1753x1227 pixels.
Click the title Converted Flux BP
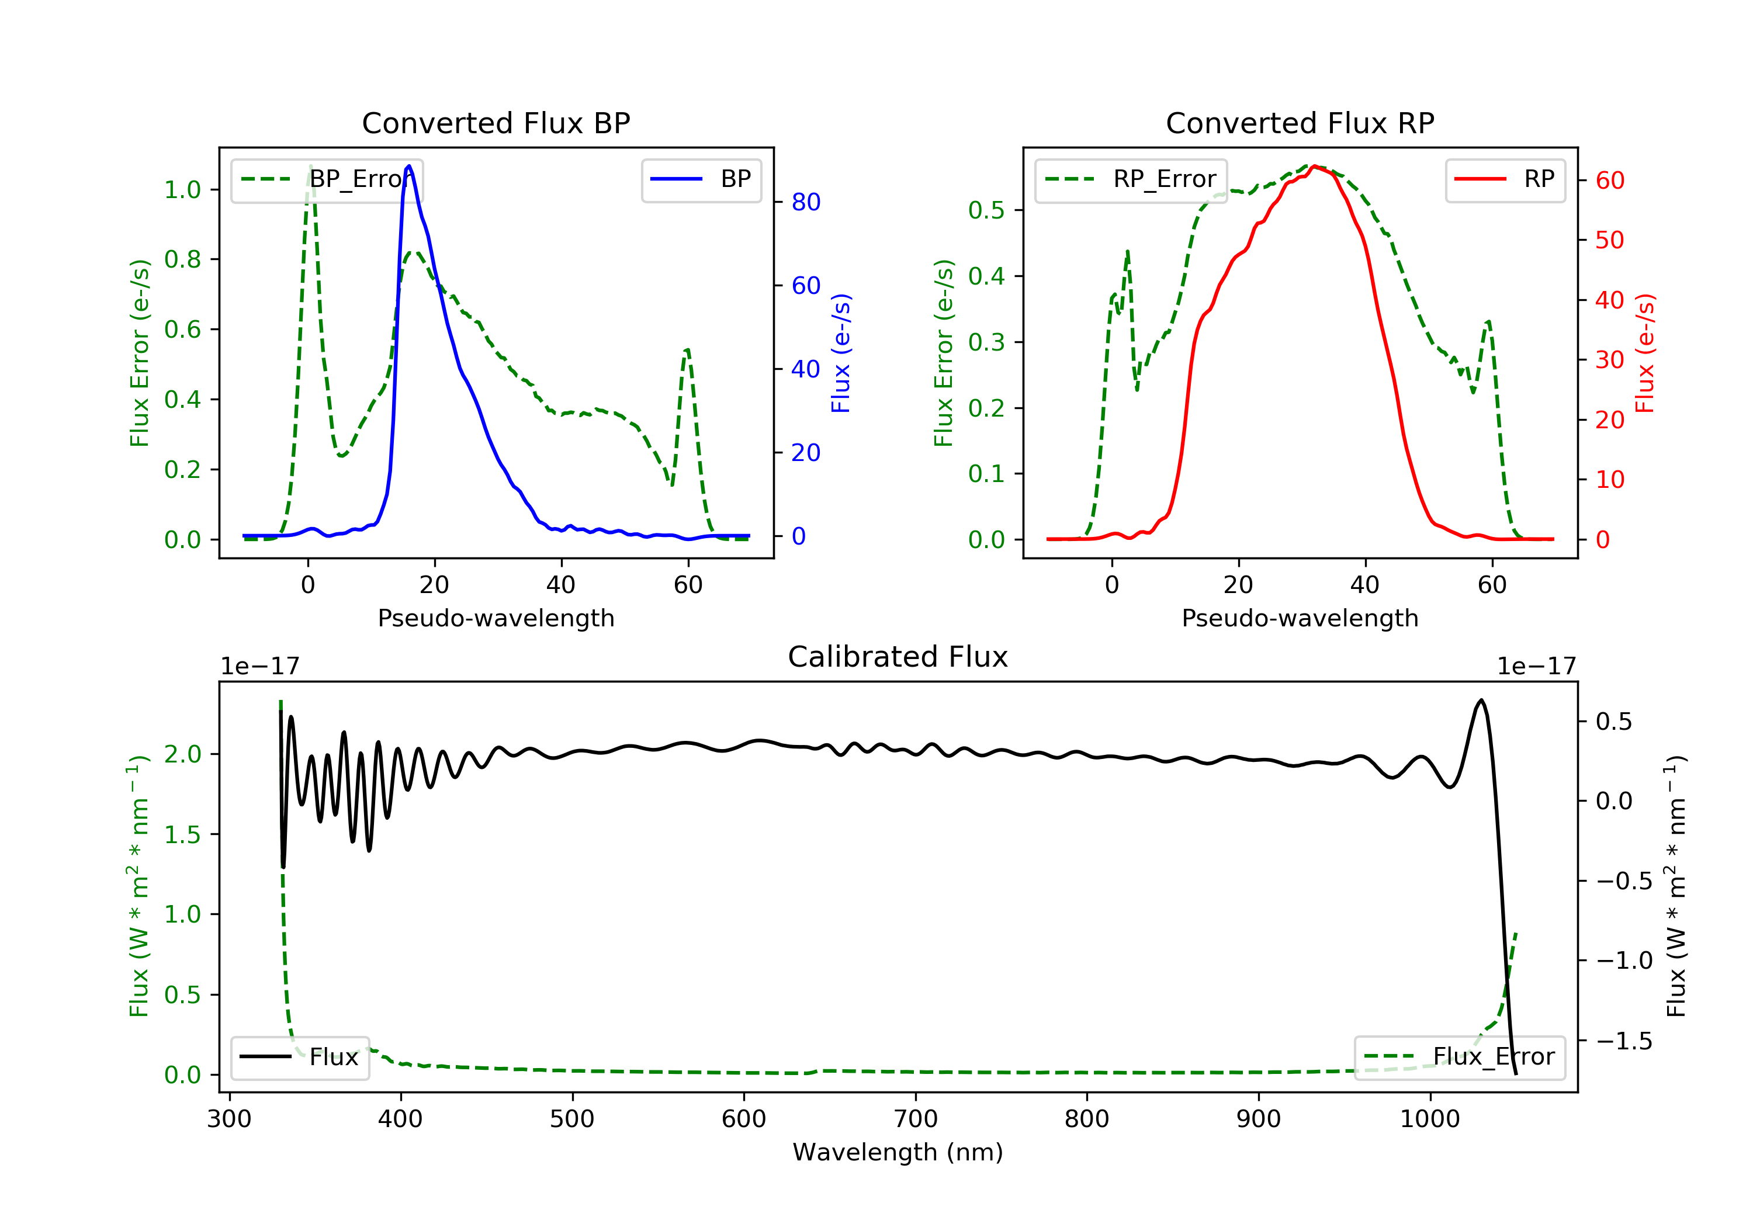496,123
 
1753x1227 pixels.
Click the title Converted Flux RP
1300,123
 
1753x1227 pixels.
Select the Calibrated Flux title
898,657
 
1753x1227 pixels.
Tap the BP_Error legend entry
327,179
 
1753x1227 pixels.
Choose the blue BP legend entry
701,179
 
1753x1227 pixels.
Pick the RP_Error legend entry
1131,179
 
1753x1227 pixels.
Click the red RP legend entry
1505,179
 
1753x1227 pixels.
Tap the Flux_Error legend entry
1459,1057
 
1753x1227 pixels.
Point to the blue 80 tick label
805,202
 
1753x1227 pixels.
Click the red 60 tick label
1609,181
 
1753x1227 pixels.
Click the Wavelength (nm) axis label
898,1152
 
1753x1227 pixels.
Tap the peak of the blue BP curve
409,166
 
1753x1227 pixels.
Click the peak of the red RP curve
1314,167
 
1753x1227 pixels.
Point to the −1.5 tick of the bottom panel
1624,1041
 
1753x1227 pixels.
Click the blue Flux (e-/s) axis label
841,353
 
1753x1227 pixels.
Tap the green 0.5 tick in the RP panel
986,210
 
